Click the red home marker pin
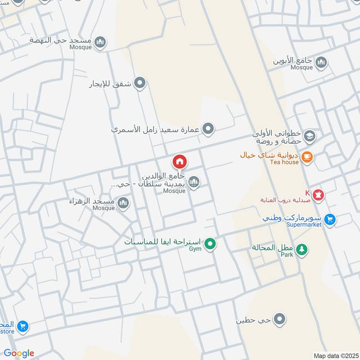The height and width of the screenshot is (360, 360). pyautogui.click(x=180, y=162)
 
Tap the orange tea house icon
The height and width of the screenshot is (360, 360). pyautogui.click(x=308, y=157)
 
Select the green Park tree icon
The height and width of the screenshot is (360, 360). pyautogui.click(x=302, y=248)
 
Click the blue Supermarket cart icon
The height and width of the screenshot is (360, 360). pyautogui.click(x=330, y=219)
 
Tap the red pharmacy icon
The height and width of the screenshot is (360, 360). pyautogui.click(x=319, y=195)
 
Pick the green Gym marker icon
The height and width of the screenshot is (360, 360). pyautogui.click(x=210, y=244)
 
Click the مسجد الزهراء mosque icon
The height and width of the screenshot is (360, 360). pyautogui.click(x=123, y=204)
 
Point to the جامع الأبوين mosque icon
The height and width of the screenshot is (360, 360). pyautogui.click(x=321, y=62)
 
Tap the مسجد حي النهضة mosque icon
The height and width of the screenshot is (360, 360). pyautogui.click(x=100, y=42)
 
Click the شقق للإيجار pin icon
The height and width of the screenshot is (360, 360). pyautogui.click(x=140, y=83)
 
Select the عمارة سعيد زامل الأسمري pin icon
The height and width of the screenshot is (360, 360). pyautogui.click(x=207, y=130)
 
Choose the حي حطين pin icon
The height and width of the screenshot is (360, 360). pyautogui.click(x=280, y=319)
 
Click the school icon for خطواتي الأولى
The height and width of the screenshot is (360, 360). pyautogui.click(x=309, y=135)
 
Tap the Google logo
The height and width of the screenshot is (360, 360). pyautogui.click(x=19, y=353)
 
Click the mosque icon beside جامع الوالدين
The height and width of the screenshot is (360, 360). pyautogui.click(x=194, y=182)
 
